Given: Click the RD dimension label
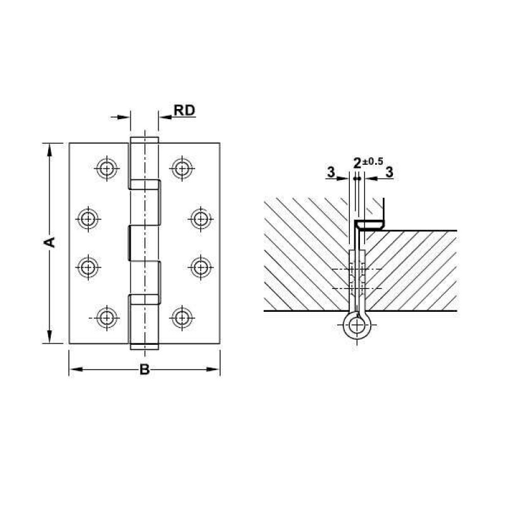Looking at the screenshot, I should (x=184, y=110).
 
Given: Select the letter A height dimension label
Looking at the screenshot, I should (x=51, y=243).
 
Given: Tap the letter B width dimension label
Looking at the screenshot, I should (x=144, y=371).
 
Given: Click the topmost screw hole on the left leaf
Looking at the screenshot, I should (x=106, y=168).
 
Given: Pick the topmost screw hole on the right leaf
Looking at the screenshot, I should (x=182, y=168).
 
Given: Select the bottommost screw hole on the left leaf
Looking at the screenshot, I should (x=106, y=316).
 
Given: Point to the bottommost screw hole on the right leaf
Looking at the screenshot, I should (x=182, y=316).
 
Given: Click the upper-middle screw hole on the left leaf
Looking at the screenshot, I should (x=87, y=219).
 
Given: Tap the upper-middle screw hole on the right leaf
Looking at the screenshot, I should (x=200, y=219).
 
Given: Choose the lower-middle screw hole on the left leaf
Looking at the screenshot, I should (x=87, y=266).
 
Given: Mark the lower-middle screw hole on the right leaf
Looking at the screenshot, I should (x=200, y=266).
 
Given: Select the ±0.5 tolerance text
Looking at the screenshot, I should (x=373, y=161).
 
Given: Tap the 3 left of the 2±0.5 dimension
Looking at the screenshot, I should (x=331, y=172).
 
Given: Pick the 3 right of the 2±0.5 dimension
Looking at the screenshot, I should (x=388, y=172).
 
